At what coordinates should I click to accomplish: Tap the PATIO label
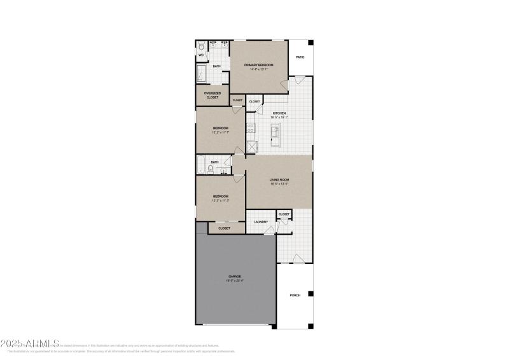pyautogui.click(x=300, y=57)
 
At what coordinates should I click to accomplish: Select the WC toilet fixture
pyautogui.click(x=200, y=46)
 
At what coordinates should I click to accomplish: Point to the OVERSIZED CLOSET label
pyautogui.click(x=212, y=95)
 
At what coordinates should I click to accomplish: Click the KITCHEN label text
pyautogui.click(x=279, y=113)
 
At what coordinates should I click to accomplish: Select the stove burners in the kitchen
pyautogui.click(x=251, y=130)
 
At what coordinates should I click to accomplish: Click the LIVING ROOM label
pyautogui.click(x=279, y=180)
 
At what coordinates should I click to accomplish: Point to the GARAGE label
pyautogui.click(x=235, y=276)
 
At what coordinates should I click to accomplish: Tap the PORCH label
pyautogui.click(x=295, y=295)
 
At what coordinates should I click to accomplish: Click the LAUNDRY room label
pyautogui.click(x=261, y=221)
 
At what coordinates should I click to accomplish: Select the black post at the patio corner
pyautogui.click(x=311, y=43)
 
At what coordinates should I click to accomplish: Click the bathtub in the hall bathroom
pyautogui.click(x=202, y=166)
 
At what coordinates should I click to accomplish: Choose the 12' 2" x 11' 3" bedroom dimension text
pyautogui.click(x=220, y=200)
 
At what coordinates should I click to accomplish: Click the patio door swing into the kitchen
pyautogui.click(x=298, y=81)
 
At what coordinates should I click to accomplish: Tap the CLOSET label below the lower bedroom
pyautogui.click(x=224, y=228)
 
